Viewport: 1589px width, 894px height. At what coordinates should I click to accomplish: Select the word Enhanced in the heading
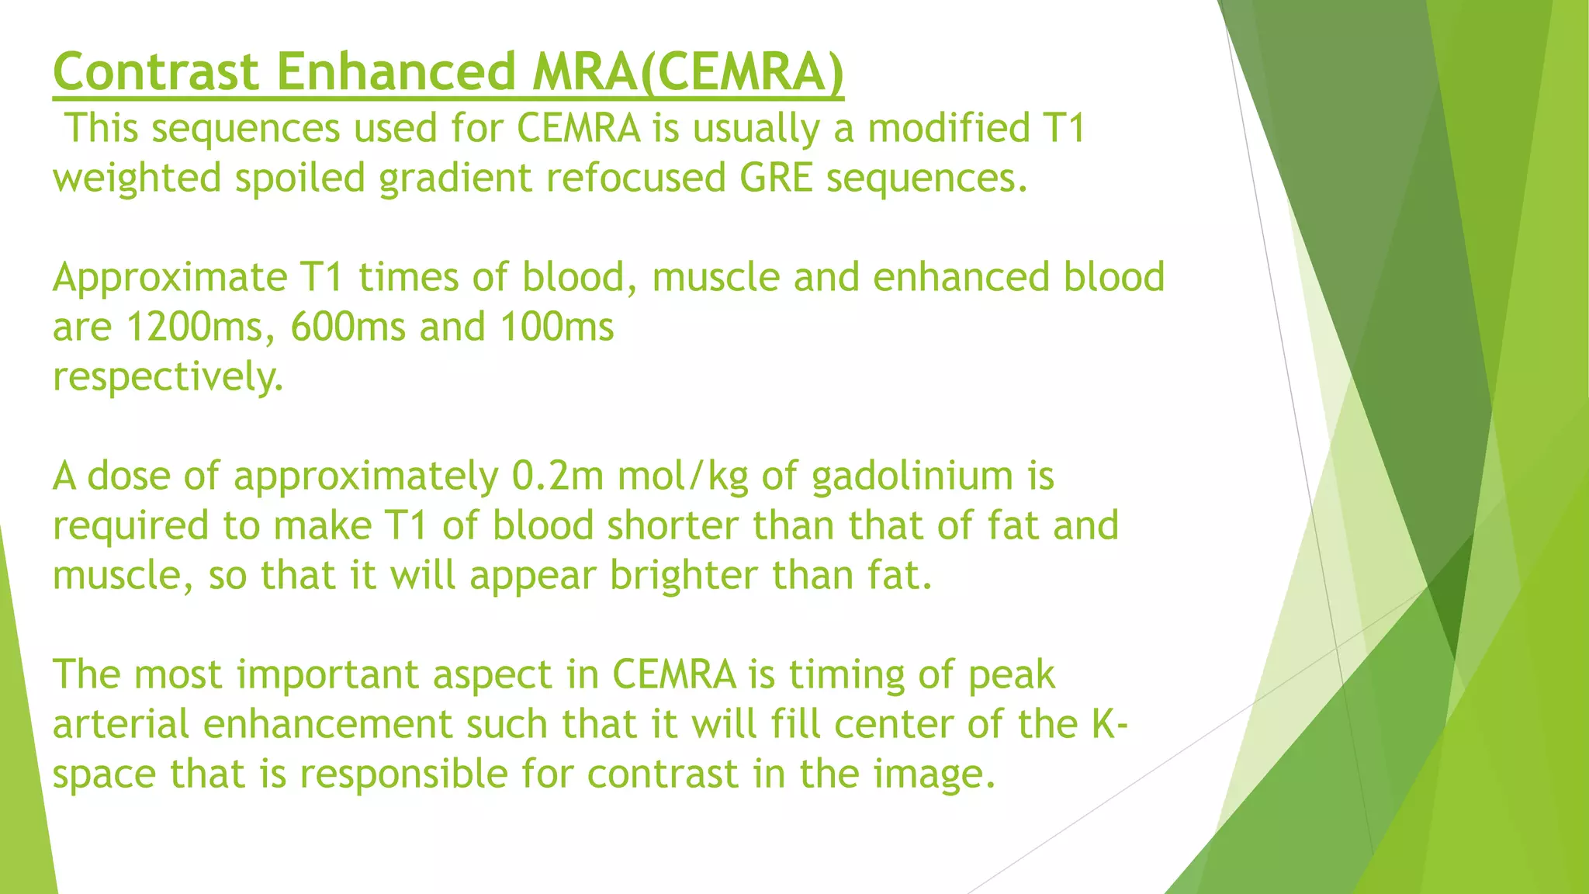396,72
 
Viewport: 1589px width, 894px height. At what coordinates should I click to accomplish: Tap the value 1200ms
193,327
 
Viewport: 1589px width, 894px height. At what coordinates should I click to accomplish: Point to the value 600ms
348,327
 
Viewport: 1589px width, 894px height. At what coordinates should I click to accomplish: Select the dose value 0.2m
557,476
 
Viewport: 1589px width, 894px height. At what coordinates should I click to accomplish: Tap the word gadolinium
912,476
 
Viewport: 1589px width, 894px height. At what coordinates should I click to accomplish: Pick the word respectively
168,377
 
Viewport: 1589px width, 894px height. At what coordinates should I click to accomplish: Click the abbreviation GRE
776,178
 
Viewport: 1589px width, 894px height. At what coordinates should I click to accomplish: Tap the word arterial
121,725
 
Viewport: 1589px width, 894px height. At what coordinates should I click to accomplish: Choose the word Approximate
170,277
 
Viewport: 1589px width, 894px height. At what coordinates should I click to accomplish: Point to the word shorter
672,525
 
